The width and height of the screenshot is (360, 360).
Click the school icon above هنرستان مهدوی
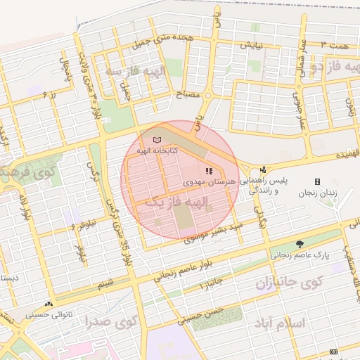[207, 170]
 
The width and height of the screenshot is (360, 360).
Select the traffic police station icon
[263, 169]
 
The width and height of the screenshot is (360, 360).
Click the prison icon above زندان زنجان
[317, 181]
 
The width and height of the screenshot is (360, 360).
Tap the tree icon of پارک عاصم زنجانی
[300, 244]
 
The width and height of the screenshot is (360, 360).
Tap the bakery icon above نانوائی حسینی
[49, 304]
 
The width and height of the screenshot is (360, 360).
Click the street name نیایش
[252, 46]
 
